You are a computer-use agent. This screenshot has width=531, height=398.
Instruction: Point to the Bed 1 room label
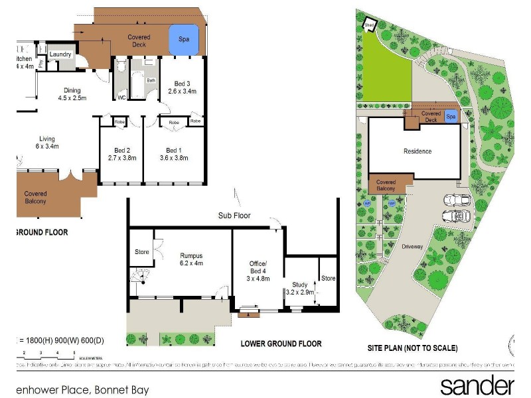[174, 153]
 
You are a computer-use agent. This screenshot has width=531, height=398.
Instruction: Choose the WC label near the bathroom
[121, 98]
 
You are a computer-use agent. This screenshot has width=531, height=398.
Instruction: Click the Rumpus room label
[191, 258]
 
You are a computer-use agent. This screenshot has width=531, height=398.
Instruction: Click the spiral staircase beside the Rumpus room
[140, 277]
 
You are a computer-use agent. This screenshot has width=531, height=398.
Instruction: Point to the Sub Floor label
[234, 216]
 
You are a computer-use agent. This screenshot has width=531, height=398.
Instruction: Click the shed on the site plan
[369, 26]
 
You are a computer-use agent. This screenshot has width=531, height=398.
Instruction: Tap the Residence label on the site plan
[417, 151]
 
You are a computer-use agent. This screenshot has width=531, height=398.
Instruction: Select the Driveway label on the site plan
[412, 246]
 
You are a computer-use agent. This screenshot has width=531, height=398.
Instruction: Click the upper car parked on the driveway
[457, 200]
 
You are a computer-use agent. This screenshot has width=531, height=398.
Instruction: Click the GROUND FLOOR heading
[41, 233]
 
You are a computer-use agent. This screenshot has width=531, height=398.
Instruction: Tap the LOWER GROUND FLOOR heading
[281, 344]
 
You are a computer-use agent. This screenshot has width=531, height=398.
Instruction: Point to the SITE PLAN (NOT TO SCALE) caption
[412, 348]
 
